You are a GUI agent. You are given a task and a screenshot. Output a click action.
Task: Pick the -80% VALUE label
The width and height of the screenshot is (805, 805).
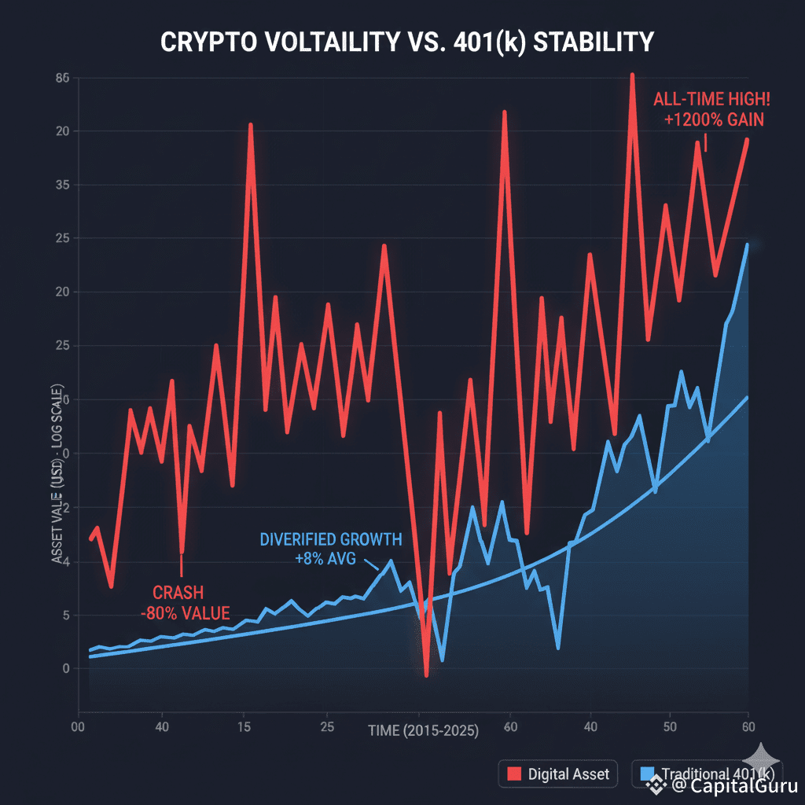click(186, 613)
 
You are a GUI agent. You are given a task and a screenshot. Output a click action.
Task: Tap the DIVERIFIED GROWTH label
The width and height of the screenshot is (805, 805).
click(330, 540)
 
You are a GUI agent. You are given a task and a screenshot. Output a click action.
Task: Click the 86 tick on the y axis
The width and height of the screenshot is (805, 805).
click(64, 78)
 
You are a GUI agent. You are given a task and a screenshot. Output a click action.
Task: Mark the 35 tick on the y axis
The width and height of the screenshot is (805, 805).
click(64, 186)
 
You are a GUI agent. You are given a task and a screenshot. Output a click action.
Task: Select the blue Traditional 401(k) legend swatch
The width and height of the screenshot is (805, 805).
click(646, 774)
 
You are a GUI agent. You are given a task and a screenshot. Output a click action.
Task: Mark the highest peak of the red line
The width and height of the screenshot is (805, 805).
click(631, 75)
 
